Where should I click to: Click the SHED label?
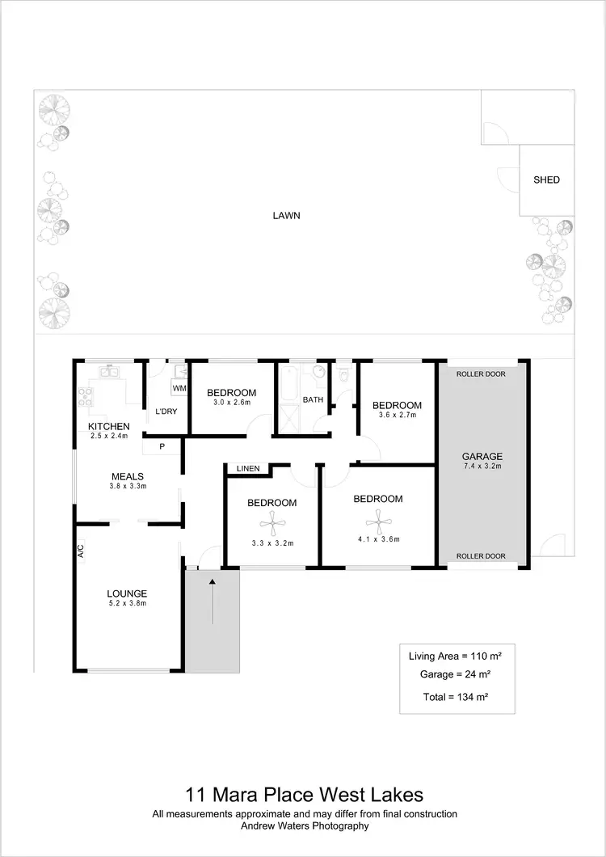click(546, 180)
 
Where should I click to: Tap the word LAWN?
click(285, 216)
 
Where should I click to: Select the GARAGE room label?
click(482, 456)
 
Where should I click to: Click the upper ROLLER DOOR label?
click(481, 374)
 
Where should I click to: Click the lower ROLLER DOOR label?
click(481, 556)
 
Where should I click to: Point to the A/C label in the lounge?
click(81, 550)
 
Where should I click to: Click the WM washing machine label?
click(179, 389)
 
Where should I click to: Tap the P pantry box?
click(162, 446)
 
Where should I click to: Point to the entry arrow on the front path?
click(213, 600)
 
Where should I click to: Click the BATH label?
click(314, 400)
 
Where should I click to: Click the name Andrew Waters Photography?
click(305, 825)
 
